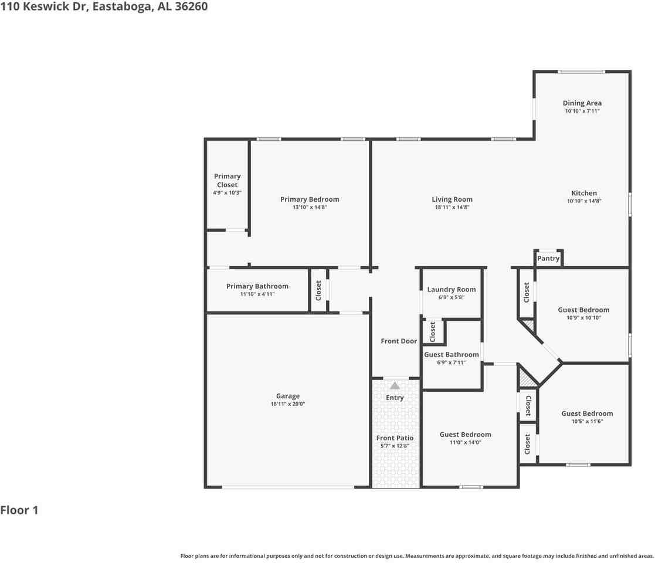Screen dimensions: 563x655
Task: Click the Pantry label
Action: pos(548,259)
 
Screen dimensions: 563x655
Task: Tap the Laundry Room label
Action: pos(452,289)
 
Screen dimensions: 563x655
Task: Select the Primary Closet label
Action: pos(227,180)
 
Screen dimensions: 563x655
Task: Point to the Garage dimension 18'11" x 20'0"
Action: pos(288,404)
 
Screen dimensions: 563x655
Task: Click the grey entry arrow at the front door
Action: pos(395,386)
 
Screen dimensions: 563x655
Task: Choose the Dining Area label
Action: pos(582,103)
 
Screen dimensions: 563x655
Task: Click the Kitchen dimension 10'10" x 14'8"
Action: pos(584,201)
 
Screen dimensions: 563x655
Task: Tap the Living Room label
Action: pos(452,199)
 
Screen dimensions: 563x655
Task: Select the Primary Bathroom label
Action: pos(257,286)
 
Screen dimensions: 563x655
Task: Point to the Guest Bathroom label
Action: pos(452,355)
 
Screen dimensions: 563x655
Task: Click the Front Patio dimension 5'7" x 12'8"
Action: pos(395,446)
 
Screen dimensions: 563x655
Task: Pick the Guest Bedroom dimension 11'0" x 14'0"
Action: pos(465,443)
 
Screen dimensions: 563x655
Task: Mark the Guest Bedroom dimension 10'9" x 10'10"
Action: pos(583,318)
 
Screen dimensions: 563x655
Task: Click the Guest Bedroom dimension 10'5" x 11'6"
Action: pos(587,422)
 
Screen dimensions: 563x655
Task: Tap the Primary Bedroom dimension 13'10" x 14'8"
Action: pos(310,208)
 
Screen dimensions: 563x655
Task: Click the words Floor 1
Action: pos(19,510)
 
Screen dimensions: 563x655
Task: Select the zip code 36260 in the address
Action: pos(191,7)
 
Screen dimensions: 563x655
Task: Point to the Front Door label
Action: pos(399,341)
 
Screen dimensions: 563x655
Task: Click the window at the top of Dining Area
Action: pos(581,72)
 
